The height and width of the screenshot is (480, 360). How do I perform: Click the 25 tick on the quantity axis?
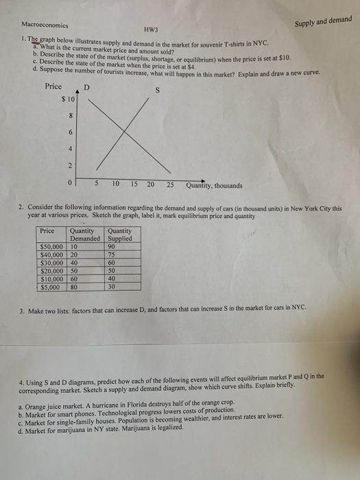tap(170, 184)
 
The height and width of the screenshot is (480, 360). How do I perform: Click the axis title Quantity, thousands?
tap(213, 185)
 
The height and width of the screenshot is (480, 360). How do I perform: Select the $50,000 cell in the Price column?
tap(51, 248)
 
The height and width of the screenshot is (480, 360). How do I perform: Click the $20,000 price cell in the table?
tap(51, 271)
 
